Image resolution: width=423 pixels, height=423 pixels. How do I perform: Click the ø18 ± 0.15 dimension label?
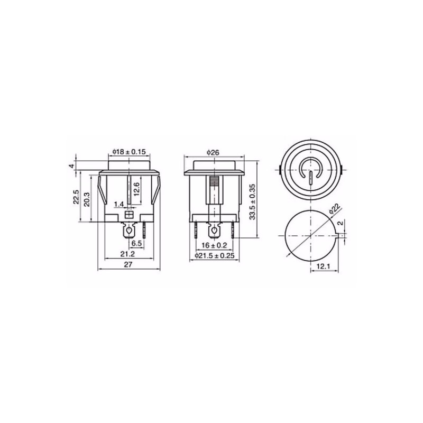click(129, 152)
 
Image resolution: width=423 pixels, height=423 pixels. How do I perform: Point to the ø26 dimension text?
click(213, 153)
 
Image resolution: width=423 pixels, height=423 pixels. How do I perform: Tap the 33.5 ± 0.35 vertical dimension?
click(252, 202)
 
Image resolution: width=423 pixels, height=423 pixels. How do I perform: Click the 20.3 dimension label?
click(87, 199)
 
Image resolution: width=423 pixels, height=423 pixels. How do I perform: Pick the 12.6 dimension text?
click(136, 189)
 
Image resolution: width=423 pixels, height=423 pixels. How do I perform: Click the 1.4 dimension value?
click(118, 204)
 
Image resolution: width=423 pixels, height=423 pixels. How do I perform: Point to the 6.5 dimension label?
click(136, 243)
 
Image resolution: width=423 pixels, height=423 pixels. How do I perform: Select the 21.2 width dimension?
click(128, 254)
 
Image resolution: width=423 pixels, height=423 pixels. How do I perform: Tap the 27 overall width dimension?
click(128, 264)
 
